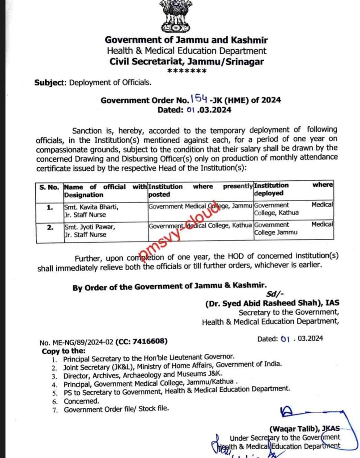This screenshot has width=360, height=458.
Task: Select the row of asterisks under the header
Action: click(x=186, y=72)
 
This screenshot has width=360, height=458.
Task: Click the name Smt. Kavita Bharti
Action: click(x=90, y=207)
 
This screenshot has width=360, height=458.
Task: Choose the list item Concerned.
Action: click(x=81, y=401)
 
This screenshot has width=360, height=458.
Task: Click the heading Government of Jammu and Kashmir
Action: click(x=186, y=40)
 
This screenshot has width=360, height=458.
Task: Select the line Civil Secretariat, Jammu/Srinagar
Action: click(x=186, y=62)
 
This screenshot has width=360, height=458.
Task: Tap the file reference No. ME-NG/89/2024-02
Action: click(x=76, y=342)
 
